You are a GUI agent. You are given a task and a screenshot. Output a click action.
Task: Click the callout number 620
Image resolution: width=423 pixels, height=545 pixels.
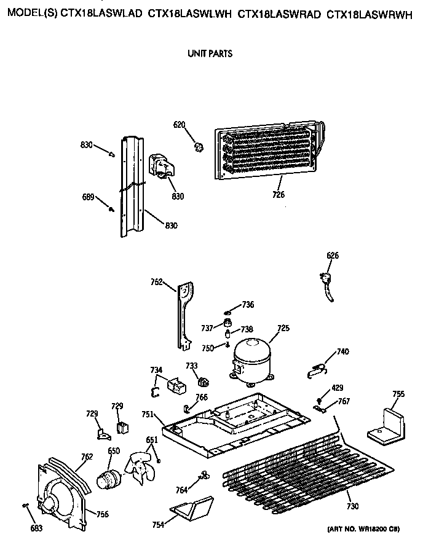(x=179, y=125)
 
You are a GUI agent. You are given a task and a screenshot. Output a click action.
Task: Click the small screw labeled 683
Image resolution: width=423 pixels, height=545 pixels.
(x=25, y=505)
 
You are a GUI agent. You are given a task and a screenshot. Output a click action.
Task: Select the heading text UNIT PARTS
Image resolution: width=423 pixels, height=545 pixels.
(x=210, y=53)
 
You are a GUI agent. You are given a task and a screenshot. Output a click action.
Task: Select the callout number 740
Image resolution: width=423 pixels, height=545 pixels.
(x=342, y=352)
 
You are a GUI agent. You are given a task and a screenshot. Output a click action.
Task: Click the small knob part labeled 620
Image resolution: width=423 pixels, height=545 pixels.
(x=199, y=146)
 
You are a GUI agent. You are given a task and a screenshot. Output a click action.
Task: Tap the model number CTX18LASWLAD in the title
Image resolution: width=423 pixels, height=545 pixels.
(x=102, y=14)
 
